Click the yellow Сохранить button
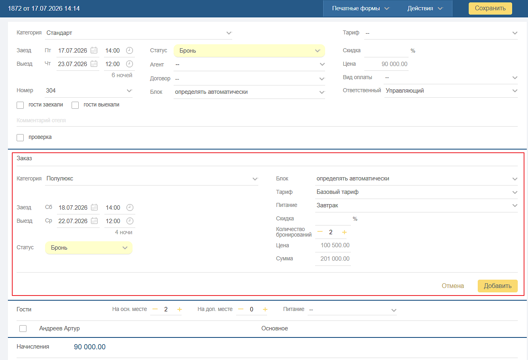(490, 8)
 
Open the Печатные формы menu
(360, 8)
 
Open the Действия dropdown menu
(425, 8)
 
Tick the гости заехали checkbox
(20, 105)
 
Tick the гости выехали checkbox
(75, 105)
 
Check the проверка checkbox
(20, 137)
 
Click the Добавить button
(498, 286)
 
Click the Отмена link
(452, 286)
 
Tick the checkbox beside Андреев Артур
(23, 328)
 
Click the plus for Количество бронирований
(344, 233)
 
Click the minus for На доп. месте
(240, 309)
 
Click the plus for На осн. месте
(180, 309)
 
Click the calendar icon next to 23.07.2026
(94, 64)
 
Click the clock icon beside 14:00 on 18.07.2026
(130, 207)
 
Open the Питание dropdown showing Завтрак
(416, 205)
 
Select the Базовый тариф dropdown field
(416, 192)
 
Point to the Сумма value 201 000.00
(335, 259)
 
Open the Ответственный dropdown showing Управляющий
(451, 91)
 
